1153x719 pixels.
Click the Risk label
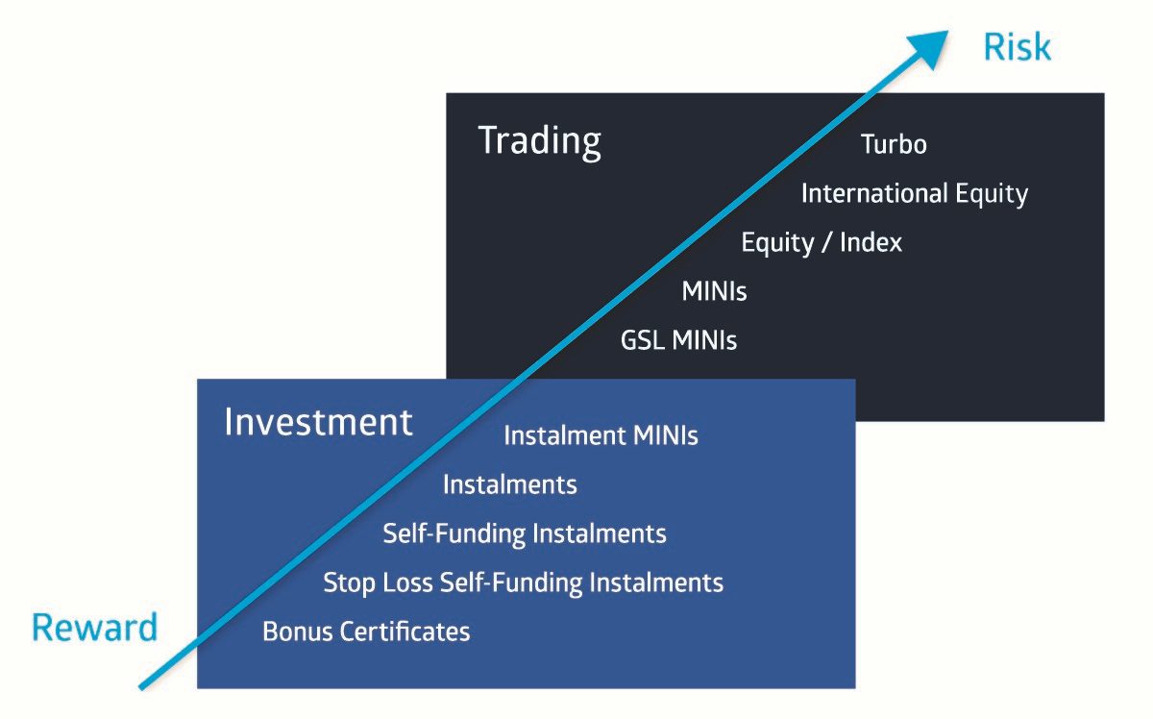[x=1017, y=47]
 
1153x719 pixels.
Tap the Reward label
[x=95, y=627]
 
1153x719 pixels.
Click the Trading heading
[x=539, y=141]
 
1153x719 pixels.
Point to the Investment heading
[x=318, y=422]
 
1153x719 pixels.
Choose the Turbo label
[x=894, y=144]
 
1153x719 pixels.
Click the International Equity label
[x=914, y=194]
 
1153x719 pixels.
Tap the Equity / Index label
[x=822, y=242]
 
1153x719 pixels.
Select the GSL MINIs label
[x=678, y=340]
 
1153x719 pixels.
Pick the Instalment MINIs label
[x=601, y=435]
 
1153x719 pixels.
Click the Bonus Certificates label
[x=366, y=632]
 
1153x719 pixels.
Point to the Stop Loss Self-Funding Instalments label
[x=523, y=583]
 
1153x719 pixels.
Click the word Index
[x=871, y=242]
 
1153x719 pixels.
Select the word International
[x=874, y=193]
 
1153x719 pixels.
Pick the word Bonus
[x=298, y=632]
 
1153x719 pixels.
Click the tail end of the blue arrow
[x=141, y=687]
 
